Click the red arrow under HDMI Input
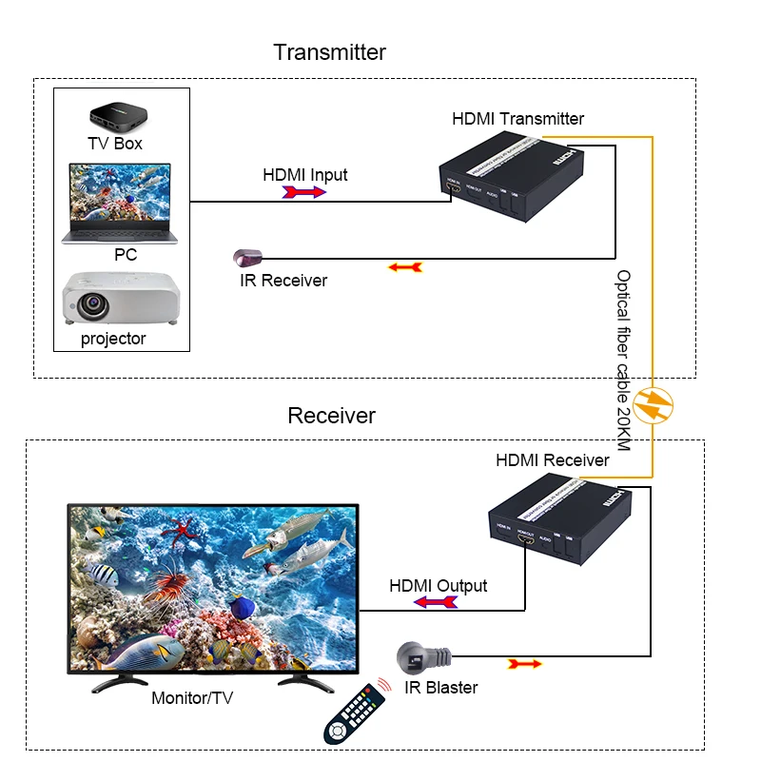[304, 192]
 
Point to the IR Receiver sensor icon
[245, 257]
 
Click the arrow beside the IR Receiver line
[404, 268]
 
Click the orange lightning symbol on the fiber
[653, 406]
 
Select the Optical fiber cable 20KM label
[624, 361]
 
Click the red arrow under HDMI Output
[437, 602]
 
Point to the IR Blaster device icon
[420, 658]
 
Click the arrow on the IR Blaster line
[524, 663]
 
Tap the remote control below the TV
[355, 713]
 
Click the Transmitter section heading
[329, 51]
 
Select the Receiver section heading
[331, 416]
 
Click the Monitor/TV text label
[192, 699]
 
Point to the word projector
[113, 339]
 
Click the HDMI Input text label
[304, 175]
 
